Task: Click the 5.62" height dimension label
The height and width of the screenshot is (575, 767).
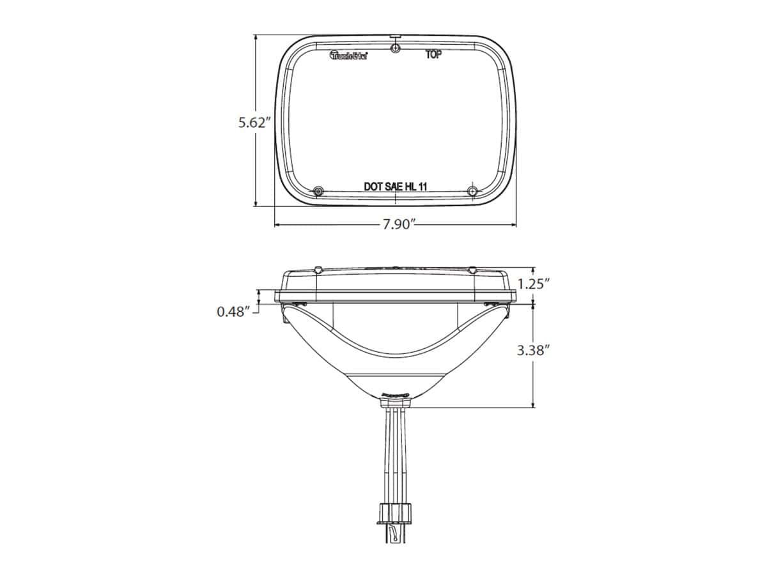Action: tap(256, 122)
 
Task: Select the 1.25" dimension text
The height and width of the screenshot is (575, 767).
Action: tap(534, 284)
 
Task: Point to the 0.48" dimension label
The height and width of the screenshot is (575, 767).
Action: tap(232, 312)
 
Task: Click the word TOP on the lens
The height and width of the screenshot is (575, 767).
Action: tap(433, 55)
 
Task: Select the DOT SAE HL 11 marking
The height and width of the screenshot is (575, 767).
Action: tap(395, 187)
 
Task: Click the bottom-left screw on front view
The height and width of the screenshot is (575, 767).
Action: tap(318, 191)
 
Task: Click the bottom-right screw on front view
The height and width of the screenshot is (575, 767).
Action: tap(472, 191)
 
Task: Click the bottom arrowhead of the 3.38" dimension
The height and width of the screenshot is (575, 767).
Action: tap(534, 404)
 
